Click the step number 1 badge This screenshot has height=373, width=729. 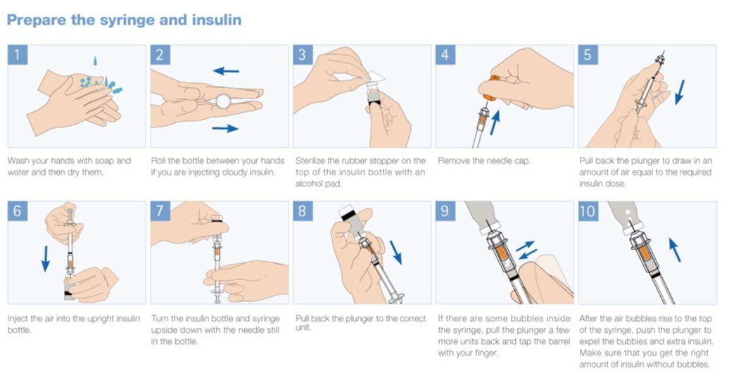tap(18, 55)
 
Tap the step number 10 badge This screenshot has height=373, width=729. tap(588, 211)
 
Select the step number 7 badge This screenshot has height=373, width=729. tap(160, 211)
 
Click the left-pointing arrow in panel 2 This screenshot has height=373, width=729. tap(225, 71)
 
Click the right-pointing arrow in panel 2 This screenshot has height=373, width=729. tap(225, 128)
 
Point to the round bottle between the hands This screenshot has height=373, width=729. tap(223, 101)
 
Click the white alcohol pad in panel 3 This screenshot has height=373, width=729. tap(376, 77)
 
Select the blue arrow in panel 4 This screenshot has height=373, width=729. tap(495, 122)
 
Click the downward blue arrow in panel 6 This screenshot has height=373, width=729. tap(46, 258)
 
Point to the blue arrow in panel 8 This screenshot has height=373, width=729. tap(395, 252)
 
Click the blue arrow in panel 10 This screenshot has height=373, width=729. tap(675, 250)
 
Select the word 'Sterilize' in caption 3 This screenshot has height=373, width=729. tap(310, 161)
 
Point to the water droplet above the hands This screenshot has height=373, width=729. tap(95, 61)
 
